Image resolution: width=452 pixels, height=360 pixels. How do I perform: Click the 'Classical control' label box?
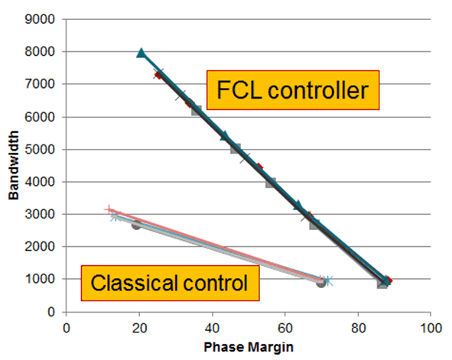pos(170,284)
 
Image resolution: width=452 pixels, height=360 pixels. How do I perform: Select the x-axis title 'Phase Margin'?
pos(249,346)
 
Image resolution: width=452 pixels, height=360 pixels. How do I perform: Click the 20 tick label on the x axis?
pos(140,327)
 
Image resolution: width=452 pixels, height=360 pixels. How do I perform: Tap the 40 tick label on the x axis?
pos(213,327)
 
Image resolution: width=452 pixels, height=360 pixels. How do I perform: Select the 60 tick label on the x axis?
pos(285,327)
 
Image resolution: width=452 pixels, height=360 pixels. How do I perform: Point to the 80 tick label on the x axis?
pos(358,327)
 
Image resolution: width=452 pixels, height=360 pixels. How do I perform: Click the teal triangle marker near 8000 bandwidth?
pos(141,54)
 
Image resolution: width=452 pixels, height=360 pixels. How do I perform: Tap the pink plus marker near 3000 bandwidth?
pos(109,209)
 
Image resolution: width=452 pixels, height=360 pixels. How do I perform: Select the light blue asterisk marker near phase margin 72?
pos(328,281)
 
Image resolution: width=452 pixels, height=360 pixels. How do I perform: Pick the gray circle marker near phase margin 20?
pos(136,225)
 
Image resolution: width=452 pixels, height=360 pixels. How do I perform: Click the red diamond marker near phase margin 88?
pos(388,281)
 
